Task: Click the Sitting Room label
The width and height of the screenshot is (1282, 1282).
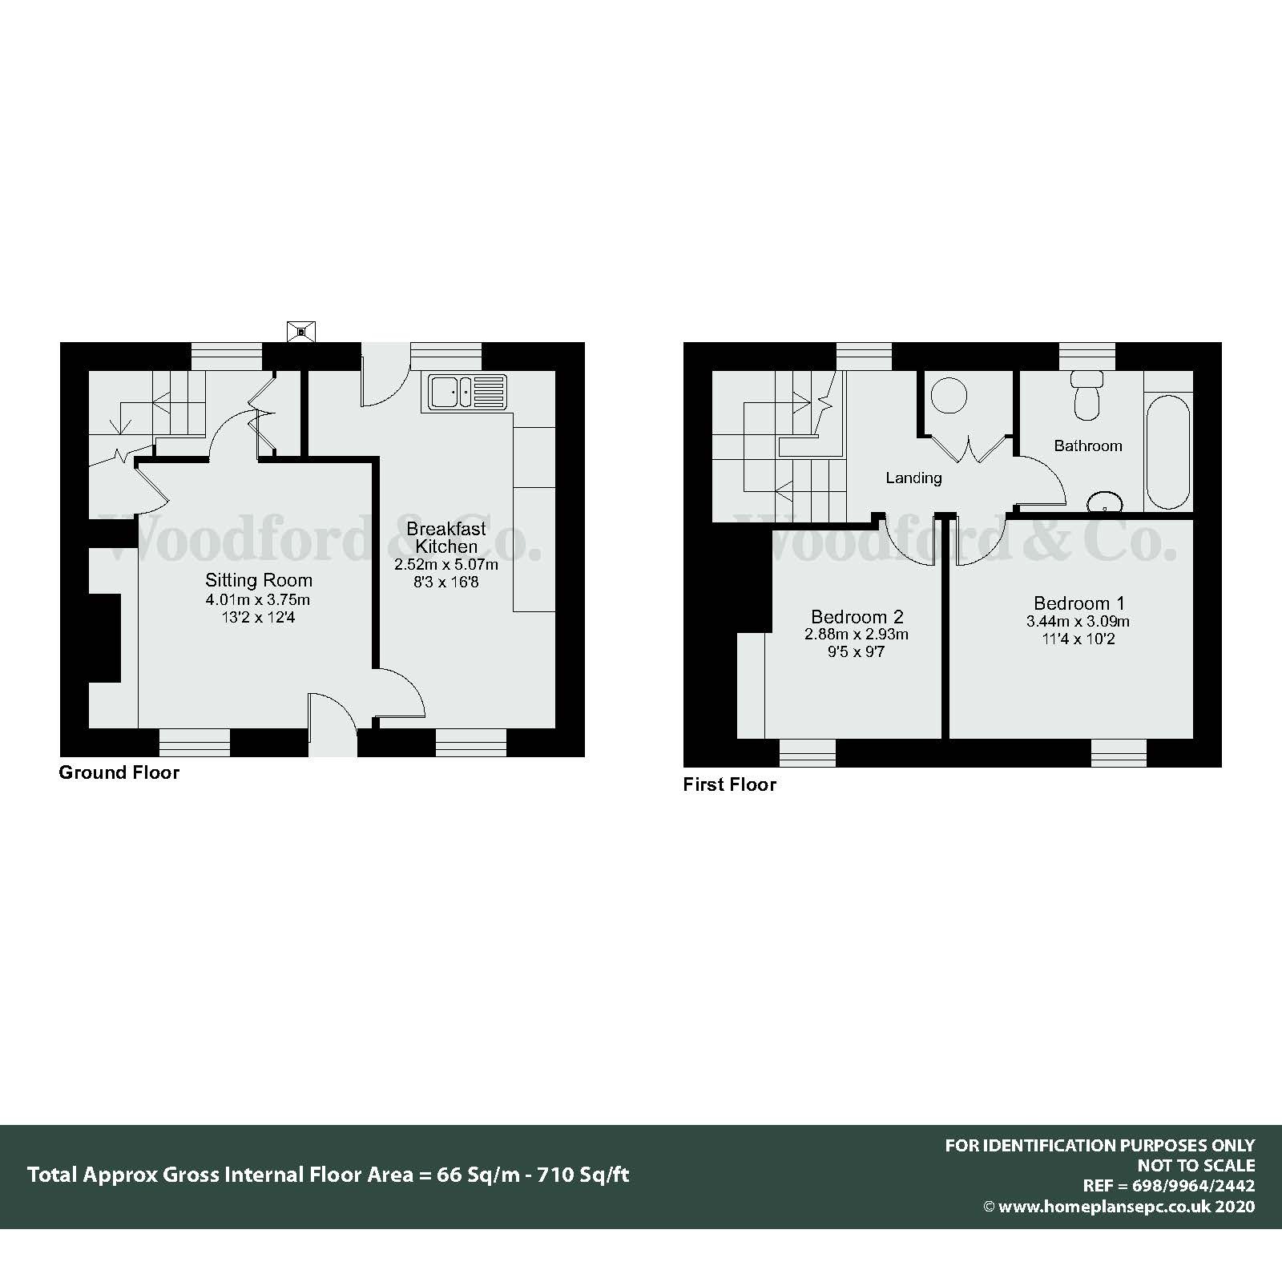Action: coord(258,580)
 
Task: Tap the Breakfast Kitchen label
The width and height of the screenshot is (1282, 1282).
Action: coord(446,538)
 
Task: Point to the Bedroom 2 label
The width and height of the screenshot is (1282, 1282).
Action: coord(857,616)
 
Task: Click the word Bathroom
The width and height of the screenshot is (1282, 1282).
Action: coord(1087,445)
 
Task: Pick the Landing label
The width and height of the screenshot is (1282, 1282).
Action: coord(913,478)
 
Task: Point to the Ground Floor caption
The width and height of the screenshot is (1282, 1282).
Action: coord(119,772)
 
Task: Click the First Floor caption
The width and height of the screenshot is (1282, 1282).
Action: coord(729,784)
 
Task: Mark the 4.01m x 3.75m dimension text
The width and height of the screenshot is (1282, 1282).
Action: coord(258,599)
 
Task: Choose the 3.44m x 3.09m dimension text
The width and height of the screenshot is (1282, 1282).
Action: coord(1078,622)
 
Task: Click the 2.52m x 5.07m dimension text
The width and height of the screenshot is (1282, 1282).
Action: coord(446,564)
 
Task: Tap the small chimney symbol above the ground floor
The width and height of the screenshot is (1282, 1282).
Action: coord(301,332)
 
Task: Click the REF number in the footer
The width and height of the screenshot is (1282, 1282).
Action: coord(1169,1186)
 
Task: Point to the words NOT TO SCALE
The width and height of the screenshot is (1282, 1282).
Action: coord(1195,1166)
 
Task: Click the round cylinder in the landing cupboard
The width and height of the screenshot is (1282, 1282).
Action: coord(949,396)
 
